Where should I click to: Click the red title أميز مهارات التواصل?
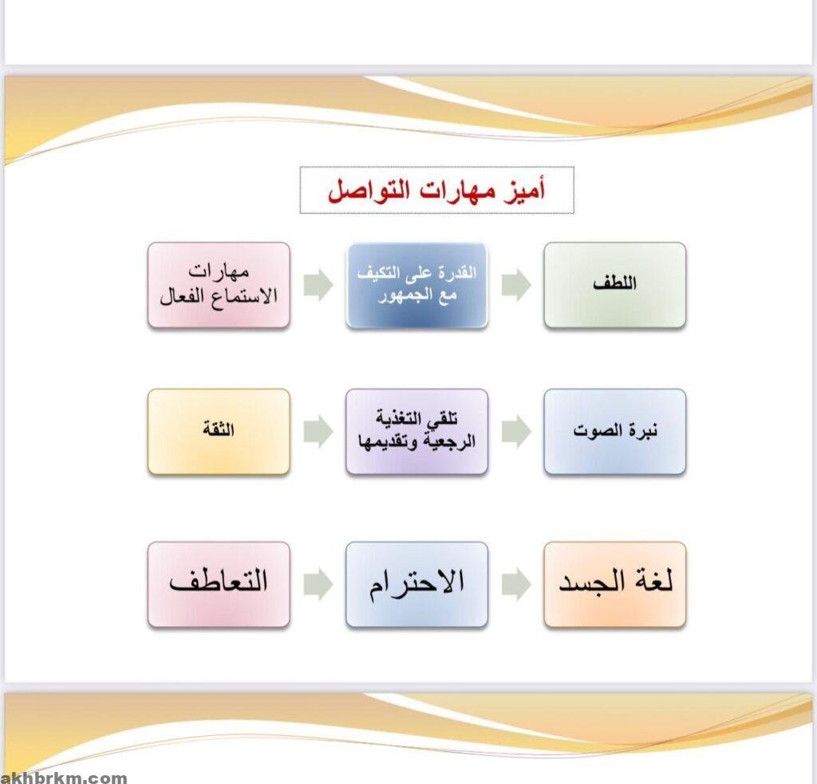[x=436, y=191]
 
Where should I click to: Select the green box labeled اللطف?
[x=615, y=285]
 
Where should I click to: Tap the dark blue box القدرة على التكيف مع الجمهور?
[x=416, y=285]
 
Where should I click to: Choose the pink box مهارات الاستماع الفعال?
[x=219, y=285]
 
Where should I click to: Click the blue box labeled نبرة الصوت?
[x=615, y=432]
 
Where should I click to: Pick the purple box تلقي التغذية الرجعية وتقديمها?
[x=416, y=432]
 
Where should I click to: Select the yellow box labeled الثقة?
[x=219, y=432]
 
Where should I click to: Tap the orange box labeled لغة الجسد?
[x=615, y=584]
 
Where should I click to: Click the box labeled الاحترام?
[x=416, y=584]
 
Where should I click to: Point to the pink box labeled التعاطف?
[x=219, y=584]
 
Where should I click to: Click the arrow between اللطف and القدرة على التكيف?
[x=516, y=285]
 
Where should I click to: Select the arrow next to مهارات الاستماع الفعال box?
[x=318, y=285]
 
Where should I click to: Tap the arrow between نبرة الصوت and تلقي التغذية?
[x=516, y=432]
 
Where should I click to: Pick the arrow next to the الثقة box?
[x=318, y=432]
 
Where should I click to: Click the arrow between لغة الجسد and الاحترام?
[x=516, y=584]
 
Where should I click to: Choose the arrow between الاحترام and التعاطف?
[x=318, y=584]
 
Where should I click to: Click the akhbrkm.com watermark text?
[x=64, y=778]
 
